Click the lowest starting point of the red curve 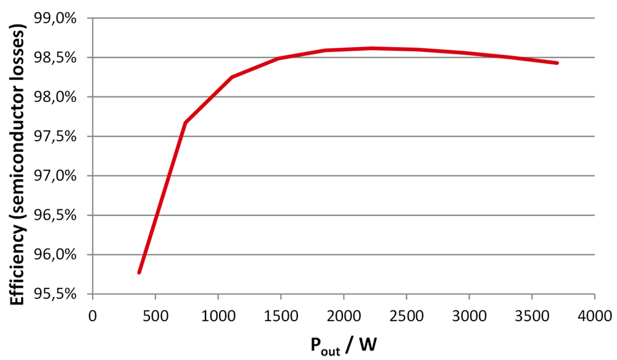pyautogui.click(x=139, y=272)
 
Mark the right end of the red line pyautogui.click(x=557, y=63)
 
